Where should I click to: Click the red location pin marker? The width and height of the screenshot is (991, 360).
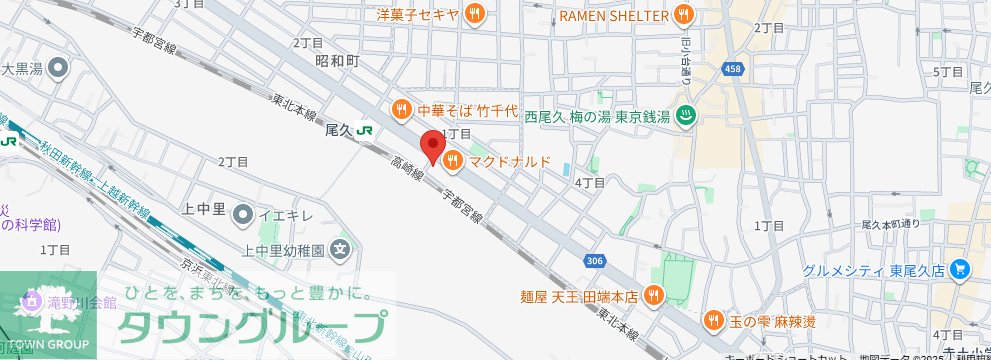click(431, 146)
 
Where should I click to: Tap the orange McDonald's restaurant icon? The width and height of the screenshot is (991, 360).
click(452, 159)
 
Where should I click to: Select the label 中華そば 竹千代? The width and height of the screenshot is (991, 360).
click(467, 109)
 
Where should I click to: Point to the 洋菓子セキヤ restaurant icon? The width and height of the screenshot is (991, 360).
click(476, 14)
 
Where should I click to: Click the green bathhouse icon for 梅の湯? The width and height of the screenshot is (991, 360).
click(686, 116)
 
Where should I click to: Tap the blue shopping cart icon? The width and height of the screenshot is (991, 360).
click(961, 269)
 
